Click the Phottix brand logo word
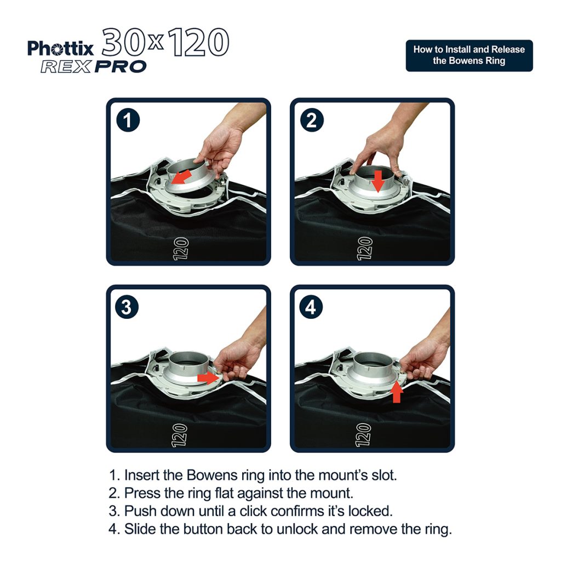[61, 49]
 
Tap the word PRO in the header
[121, 67]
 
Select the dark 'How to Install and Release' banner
[469, 55]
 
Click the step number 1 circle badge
[128, 121]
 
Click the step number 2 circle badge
[311, 121]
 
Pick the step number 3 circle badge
[127, 307]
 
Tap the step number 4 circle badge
[311, 307]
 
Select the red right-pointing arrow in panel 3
[209, 377]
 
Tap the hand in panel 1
[222, 148]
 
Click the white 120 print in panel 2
[365, 248]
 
